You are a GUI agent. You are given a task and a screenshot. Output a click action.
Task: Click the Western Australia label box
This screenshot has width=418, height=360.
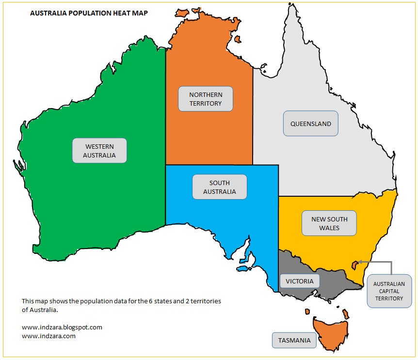(x=99, y=151)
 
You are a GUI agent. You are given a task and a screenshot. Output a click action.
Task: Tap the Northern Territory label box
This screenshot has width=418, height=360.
(x=205, y=99)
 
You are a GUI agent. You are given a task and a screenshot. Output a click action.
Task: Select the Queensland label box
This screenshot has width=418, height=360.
(x=310, y=124)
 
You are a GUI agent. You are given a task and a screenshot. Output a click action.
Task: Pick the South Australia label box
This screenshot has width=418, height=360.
(x=219, y=187)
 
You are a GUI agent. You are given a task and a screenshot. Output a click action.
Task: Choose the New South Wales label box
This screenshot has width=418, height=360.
(x=329, y=223)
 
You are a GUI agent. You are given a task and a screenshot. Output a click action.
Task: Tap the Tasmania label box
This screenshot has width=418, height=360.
(x=294, y=340)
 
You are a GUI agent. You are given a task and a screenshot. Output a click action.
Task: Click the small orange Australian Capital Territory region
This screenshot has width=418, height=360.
(x=354, y=265)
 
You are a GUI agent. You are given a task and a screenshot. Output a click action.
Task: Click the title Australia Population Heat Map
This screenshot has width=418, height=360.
(x=89, y=13)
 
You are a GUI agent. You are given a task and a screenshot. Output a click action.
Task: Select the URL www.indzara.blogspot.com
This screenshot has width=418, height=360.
(x=62, y=327)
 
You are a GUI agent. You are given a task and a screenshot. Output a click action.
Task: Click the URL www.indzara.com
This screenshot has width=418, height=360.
(x=48, y=335)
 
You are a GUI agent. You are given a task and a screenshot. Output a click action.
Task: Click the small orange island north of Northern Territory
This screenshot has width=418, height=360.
(x=183, y=14)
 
